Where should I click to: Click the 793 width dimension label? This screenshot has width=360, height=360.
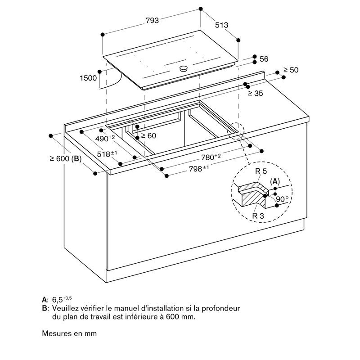(152, 20)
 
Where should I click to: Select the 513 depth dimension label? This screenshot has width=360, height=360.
(221, 25)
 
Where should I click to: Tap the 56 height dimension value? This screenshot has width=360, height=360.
(264, 59)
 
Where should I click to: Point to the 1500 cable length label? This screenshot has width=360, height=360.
(88, 78)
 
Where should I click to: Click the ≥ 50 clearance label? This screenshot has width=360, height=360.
(291, 70)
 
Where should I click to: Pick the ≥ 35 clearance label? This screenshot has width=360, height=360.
(256, 93)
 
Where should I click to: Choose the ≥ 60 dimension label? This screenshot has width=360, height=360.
(148, 136)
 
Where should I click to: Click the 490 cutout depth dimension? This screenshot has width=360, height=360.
(105, 138)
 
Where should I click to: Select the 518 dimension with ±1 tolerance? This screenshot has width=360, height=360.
(107, 154)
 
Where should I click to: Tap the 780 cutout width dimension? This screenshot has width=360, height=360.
(211, 157)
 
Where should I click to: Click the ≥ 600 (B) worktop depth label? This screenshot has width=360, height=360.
(66, 158)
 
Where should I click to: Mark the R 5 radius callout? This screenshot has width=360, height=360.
(261, 171)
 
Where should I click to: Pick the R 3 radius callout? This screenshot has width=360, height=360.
(258, 216)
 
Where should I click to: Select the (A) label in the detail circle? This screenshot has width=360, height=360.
(275, 182)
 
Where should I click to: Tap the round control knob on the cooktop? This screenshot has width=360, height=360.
(183, 68)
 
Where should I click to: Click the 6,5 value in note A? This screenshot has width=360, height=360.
(58, 300)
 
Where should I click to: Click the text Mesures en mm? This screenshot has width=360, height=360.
(69, 333)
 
